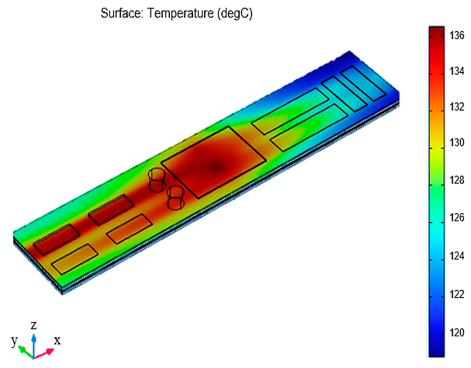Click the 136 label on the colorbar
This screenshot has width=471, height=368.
[x=457, y=35]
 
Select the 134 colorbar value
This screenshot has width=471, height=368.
[x=457, y=71]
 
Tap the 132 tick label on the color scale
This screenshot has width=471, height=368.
[x=457, y=107]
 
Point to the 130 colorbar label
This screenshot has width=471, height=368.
[x=457, y=142]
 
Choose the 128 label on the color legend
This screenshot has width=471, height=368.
[x=457, y=180]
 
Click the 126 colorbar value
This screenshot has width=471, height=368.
[x=457, y=217]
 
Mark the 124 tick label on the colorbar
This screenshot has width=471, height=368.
[x=457, y=256]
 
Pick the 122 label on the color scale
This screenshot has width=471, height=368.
[x=457, y=294]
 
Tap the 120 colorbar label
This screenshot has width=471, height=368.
[x=457, y=333]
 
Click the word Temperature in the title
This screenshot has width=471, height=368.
[x=180, y=13]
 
